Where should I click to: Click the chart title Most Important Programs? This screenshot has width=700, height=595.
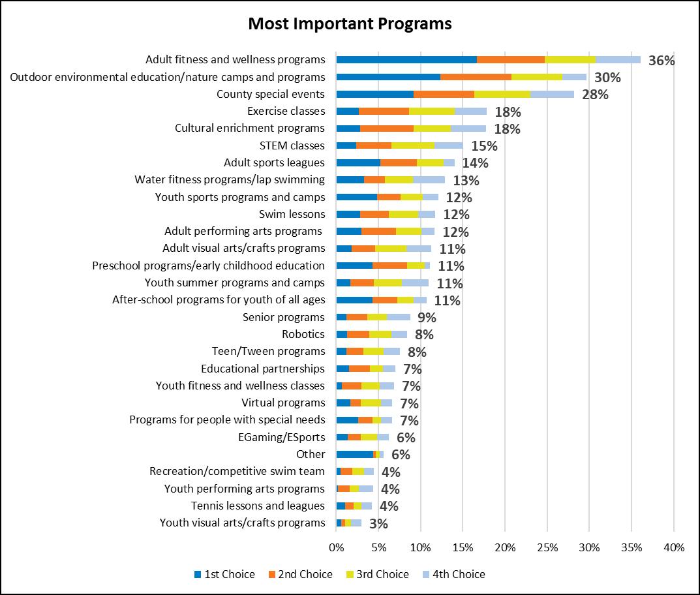point(350,24)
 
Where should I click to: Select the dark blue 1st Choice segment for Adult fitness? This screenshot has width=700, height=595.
point(406,59)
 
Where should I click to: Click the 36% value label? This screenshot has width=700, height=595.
point(661,61)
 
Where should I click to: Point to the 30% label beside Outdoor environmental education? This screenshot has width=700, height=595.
point(607,78)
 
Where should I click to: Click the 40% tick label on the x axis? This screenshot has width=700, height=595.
point(673,547)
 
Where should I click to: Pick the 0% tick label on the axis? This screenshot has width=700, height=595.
point(336,547)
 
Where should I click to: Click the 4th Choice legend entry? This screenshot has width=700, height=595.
point(459,574)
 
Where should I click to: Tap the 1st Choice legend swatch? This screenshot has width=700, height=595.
point(198,575)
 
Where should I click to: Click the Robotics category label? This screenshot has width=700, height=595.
point(303,334)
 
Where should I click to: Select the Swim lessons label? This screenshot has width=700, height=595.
point(292,214)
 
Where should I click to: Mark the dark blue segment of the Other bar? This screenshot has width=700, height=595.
point(354,454)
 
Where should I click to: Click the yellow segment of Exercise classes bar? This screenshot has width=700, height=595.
point(432,111)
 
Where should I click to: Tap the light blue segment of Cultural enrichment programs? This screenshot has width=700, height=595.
point(468,128)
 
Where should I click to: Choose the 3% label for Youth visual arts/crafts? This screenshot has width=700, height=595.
point(378,523)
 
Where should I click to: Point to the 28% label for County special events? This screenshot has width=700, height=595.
point(595,95)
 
